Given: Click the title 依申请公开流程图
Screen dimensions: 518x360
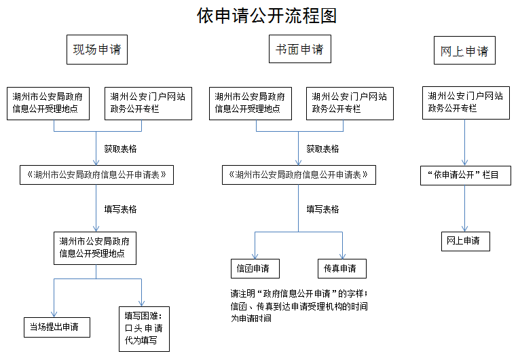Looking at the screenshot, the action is tap(267, 16).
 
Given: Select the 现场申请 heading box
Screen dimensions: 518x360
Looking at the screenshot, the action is tap(97, 50).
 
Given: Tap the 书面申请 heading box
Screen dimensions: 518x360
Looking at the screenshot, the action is tap(299, 49).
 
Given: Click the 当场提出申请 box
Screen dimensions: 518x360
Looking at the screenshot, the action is tap(57, 327).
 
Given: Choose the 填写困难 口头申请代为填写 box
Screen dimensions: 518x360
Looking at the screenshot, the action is tap(144, 329).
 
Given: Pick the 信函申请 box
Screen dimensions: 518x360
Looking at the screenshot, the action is tap(255, 268).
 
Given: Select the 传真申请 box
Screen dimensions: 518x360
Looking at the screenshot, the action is tap(342, 268).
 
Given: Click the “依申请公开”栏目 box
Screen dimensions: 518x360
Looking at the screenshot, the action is tap(466, 175).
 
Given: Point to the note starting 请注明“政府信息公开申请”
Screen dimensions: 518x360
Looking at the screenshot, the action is tap(299, 306).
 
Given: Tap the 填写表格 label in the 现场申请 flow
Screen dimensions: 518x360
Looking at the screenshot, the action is tap(120, 209).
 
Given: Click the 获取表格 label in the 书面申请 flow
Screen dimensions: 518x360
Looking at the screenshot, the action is tap(322, 149).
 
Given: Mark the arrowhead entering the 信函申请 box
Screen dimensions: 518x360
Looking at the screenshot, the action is tap(255, 257).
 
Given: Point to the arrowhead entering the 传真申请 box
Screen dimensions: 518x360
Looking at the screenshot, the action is tap(342, 257).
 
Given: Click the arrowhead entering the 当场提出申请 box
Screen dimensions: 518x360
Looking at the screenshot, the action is tap(54, 314).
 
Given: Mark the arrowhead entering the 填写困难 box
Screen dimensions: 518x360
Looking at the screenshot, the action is tap(141, 304).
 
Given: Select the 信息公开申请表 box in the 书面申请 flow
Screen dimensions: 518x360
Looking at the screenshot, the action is tap(299, 175).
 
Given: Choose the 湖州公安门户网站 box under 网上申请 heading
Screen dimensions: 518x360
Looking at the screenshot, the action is tap(466, 103).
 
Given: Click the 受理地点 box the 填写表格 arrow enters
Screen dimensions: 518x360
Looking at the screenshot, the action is tap(95, 248).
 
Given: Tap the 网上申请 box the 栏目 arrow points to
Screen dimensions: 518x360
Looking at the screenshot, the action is tap(466, 241).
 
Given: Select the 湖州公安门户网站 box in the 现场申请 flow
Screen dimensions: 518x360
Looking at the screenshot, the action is tap(148, 103).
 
